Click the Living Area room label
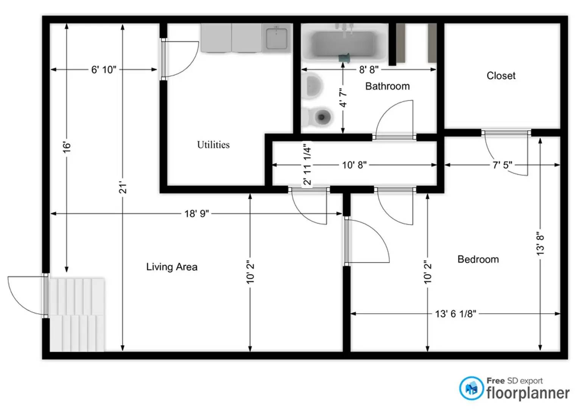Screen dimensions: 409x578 [x=171, y=267]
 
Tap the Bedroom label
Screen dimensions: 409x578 [x=478, y=259]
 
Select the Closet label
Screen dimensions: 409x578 [x=501, y=76]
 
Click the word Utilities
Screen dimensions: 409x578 [x=213, y=145]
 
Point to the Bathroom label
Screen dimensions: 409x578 [x=387, y=86]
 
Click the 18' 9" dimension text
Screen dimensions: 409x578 [x=196, y=214]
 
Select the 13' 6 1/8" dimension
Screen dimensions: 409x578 [x=455, y=314]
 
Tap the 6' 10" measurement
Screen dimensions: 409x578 [x=104, y=70]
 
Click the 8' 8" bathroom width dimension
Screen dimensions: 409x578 [x=368, y=70]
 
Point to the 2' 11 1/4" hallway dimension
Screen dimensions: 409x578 [x=307, y=163]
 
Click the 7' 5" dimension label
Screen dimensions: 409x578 [x=502, y=165]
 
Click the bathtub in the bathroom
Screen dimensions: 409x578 [x=343, y=44]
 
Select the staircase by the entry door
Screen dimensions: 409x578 [x=77, y=314]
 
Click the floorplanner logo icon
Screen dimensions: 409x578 [x=471, y=389]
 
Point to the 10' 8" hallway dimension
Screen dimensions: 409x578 [x=354, y=165]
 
